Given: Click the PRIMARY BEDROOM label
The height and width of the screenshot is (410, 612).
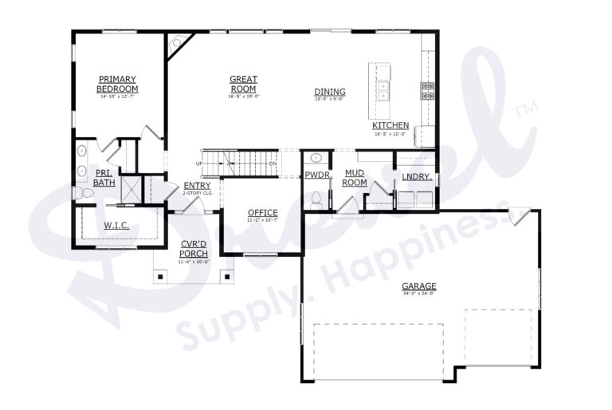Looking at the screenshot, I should [x=118, y=84].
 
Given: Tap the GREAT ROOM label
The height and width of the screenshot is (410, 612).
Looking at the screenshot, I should [x=243, y=84].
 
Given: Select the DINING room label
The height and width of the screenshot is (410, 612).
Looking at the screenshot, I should [x=329, y=92].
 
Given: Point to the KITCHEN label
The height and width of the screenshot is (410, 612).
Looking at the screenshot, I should [x=390, y=126].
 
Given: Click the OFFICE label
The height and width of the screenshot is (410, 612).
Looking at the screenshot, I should [x=262, y=212].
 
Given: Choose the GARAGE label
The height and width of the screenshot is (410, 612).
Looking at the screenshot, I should [x=418, y=286].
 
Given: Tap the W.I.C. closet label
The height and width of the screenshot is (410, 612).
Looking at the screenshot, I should [x=116, y=226].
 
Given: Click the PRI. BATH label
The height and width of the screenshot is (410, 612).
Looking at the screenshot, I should [x=104, y=177].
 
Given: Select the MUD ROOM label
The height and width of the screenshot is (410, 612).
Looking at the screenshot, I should [x=355, y=177].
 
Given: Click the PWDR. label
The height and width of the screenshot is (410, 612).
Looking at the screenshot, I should [x=316, y=175].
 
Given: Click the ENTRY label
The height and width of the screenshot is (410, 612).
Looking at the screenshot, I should [x=197, y=186].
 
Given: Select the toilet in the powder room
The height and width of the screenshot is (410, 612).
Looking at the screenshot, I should [x=316, y=198].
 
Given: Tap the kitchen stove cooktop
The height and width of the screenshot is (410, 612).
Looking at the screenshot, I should [x=427, y=90].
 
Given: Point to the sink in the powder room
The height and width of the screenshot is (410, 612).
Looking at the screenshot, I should [x=316, y=157].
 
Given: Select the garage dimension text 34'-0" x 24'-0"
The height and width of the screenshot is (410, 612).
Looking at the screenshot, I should [x=418, y=294].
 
